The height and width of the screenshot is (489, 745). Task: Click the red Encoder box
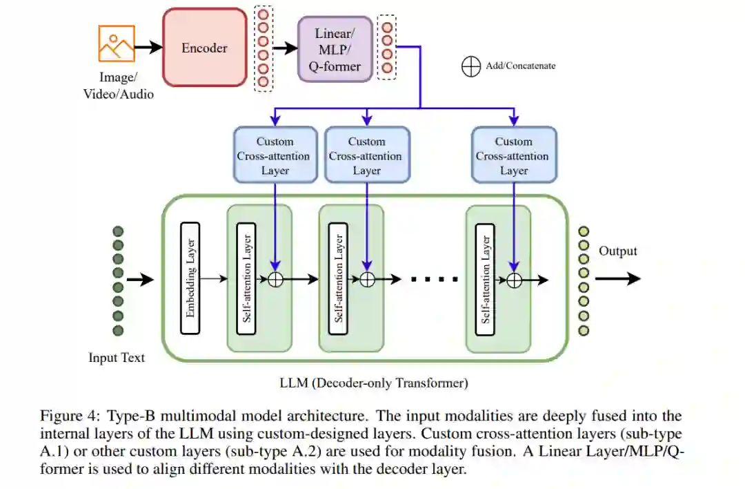(204, 48)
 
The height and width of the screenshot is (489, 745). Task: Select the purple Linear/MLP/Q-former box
(337, 48)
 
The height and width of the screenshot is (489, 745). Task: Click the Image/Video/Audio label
(118, 86)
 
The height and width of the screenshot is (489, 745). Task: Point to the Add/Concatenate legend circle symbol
(470, 66)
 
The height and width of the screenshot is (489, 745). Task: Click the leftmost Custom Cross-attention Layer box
(275, 155)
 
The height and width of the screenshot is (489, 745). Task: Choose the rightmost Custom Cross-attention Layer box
(513, 155)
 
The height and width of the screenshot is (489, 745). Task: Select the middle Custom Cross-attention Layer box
(366, 155)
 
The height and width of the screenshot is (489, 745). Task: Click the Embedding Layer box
(190, 278)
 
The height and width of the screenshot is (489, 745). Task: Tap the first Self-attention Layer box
(246, 278)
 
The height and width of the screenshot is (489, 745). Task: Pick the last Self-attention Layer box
(486, 278)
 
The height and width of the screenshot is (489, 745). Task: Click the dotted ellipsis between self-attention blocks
(435, 279)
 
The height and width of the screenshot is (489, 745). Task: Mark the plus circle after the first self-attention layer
(276, 279)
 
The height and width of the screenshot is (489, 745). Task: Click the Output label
(617, 251)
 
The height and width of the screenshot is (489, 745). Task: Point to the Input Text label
(117, 358)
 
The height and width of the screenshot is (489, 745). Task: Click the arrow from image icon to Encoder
(148, 48)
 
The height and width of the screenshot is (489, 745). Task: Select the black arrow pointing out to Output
(617, 278)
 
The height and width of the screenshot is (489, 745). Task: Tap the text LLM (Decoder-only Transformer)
(373, 382)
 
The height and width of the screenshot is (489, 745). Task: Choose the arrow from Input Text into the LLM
(141, 280)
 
